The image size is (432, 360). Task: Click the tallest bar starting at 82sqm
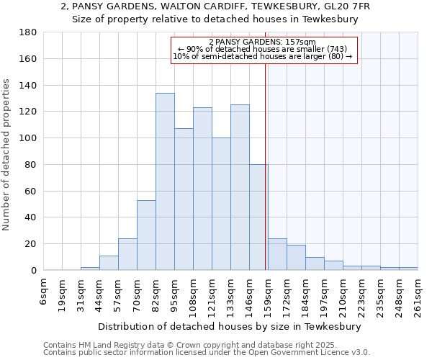coord(165,181)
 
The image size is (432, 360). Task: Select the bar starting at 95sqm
coord(184,199)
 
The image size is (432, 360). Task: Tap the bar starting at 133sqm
coord(240,187)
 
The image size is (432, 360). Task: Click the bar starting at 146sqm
coord(258,217)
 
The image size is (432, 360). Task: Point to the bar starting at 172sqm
coord(296,258)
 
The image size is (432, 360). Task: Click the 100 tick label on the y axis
coord(29,138)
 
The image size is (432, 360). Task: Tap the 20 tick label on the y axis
coord(32,244)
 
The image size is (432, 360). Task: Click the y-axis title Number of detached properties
coord(6,151)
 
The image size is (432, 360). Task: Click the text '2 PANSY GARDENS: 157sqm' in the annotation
coord(262,42)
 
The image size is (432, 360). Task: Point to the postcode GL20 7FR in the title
coord(341,6)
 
